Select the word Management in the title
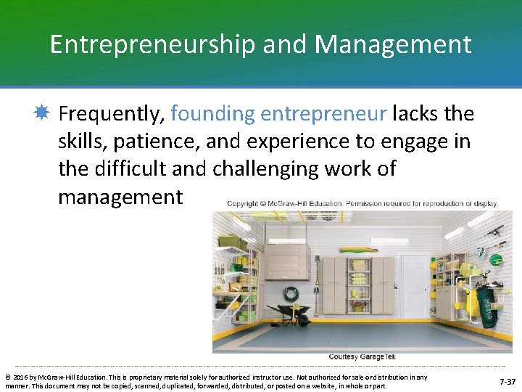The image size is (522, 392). click(393, 45)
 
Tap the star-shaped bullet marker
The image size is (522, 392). click(41, 113)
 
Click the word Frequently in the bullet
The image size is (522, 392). click(112, 114)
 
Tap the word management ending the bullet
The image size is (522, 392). click(120, 197)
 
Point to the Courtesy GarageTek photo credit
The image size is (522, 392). click(362, 356)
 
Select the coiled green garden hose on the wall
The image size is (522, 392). click(291, 294)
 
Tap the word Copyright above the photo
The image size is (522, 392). click(247, 204)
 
